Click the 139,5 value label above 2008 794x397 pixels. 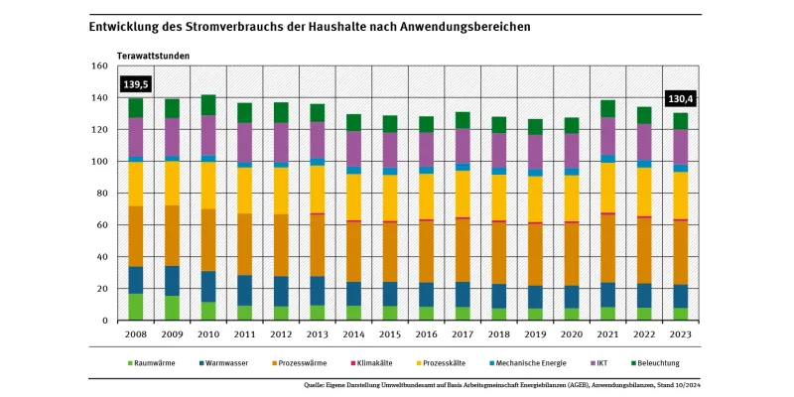pyautogui.click(x=135, y=85)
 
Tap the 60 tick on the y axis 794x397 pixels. pyautogui.click(x=101, y=225)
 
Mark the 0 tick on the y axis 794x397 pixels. pyautogui.click(x=104, y=321)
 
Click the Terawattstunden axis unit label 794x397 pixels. pyautogui.click(x=153, y=56)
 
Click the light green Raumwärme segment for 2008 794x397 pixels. pyautogui.click(x=135, y=307)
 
